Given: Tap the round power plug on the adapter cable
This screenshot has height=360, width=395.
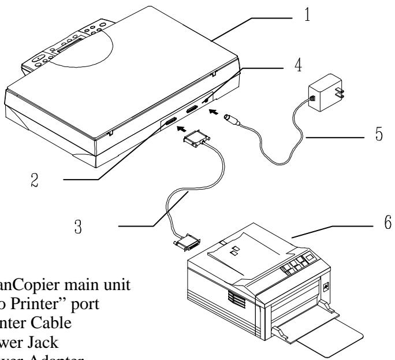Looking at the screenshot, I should (232, 114).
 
